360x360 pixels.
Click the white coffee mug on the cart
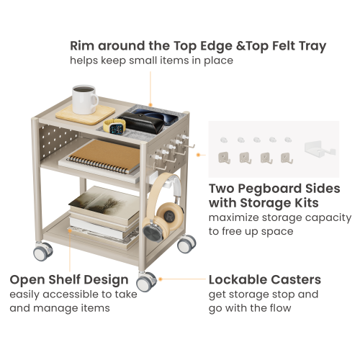click(84, 100)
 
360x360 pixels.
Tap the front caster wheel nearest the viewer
click(147, 281)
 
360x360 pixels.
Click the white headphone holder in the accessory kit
click(320, 150)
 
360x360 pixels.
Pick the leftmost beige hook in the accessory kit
click(225, 156)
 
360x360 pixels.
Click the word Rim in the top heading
click(84, 46)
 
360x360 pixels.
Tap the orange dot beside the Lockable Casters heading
click(160, 279)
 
